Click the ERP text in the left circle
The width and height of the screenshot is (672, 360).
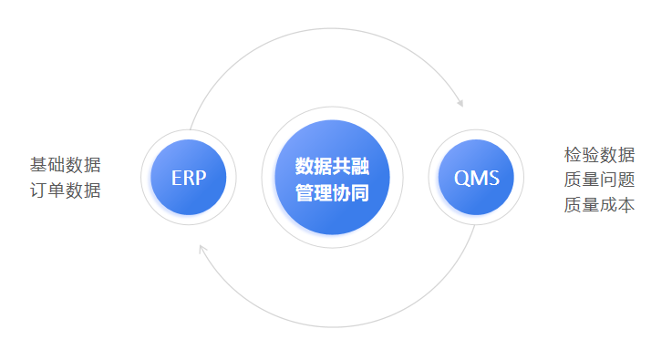point(189,178)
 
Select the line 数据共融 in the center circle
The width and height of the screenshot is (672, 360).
point(332,166)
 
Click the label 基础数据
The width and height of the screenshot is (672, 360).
point(65,165)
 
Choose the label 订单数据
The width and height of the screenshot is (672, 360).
point(65,190)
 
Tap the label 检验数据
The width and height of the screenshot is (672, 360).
point(599,154)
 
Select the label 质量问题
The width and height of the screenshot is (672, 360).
point(599,180)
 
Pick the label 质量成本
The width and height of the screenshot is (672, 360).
point(599,205)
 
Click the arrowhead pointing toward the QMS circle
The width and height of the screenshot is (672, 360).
point(460,102)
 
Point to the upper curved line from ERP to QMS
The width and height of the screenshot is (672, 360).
point(328,29)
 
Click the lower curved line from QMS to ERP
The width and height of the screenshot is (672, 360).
point(337,325)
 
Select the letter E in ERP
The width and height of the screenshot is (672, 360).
point(176,178)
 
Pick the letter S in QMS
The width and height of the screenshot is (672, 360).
point(493,178)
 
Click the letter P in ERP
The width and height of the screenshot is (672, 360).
point(202,178)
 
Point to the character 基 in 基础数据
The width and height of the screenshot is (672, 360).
point(38,165)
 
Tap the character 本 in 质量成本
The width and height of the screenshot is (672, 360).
point(625,205)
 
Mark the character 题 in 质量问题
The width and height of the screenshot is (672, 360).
point(625,180)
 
